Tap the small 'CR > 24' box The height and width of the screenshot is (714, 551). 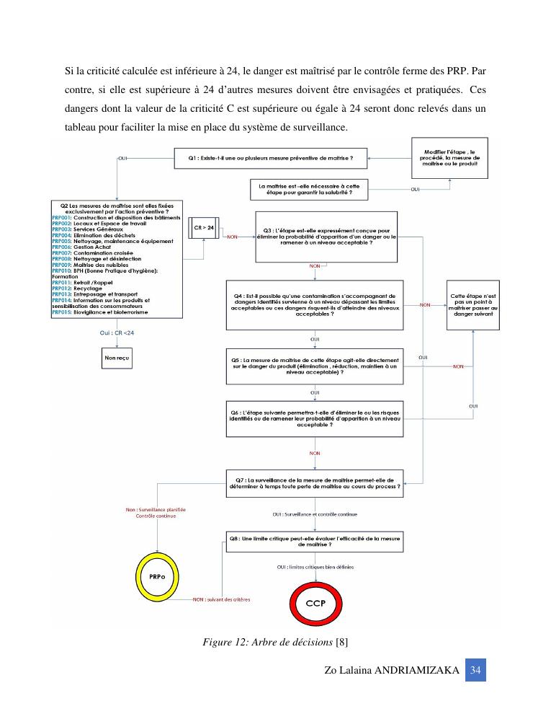pos(205,228)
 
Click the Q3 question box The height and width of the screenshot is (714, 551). pos(327,237)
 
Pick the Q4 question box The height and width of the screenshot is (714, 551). pos(315,305)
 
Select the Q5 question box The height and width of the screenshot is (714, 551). pos(315,366)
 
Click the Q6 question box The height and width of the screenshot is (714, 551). pos(315,418)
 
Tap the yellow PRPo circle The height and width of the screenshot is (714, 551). pos(156,578)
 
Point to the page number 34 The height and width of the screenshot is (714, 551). pos(475,670)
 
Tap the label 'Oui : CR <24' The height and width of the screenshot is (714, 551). pos(117,332)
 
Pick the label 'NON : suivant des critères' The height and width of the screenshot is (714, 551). pos(221,599)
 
